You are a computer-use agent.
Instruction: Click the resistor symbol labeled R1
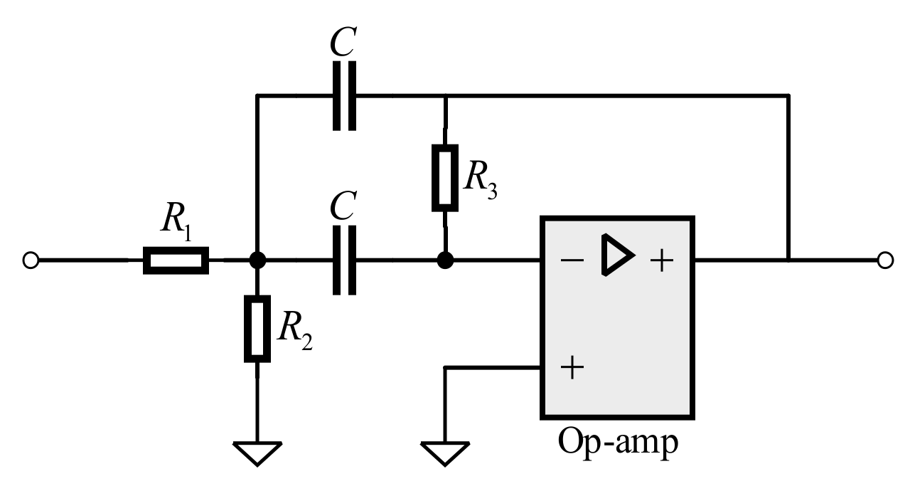click(176, 261)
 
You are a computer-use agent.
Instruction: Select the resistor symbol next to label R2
click(257, 329)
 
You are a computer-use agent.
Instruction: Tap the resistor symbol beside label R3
click(444, 178)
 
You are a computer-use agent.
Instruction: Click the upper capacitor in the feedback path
click(344, 95)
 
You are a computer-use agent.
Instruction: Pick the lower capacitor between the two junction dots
click(344, 261)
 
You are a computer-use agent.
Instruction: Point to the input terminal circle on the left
click(30, 261)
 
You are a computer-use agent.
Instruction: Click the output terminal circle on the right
click(884, 261)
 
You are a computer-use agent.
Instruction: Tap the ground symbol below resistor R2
click(257, 453)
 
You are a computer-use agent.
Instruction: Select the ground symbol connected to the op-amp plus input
click(444, 453)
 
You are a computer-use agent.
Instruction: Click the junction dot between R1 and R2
click(257, 261)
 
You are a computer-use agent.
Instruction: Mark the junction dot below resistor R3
click(444, 261)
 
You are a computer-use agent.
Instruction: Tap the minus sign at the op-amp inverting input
click(571, 260)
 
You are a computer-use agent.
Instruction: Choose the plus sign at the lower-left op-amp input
click(572, 368)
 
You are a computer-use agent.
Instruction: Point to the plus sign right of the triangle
click(661, 261)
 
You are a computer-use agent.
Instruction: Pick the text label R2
click(293, 332)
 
